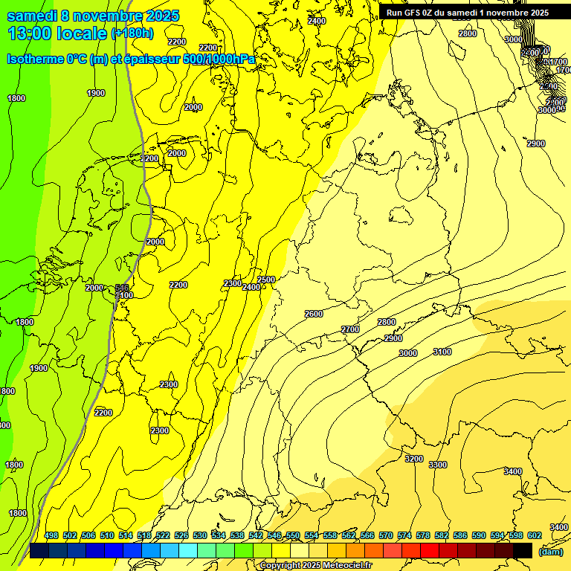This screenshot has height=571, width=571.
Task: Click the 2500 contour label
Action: [266, 280]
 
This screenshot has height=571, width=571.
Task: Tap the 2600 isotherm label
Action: [314, 314]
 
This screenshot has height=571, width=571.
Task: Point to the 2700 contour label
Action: [350, 329]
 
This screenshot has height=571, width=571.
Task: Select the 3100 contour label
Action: [442, 352]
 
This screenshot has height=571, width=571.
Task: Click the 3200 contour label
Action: [414, 459]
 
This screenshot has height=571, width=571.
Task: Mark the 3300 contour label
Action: [438, 465]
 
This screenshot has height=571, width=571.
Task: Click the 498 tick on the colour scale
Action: [51, 535]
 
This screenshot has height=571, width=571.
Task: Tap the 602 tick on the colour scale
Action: [534, 535]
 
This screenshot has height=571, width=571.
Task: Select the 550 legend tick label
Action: [293, 535]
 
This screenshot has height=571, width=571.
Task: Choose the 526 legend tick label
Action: [181, 535]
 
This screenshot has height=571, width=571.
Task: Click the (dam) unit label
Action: [550, 551]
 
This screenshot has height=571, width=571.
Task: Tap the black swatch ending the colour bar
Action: [523, 550]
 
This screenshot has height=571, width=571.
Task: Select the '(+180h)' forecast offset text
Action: [132, 33]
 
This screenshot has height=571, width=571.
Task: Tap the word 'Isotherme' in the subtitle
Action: [34, 59]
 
